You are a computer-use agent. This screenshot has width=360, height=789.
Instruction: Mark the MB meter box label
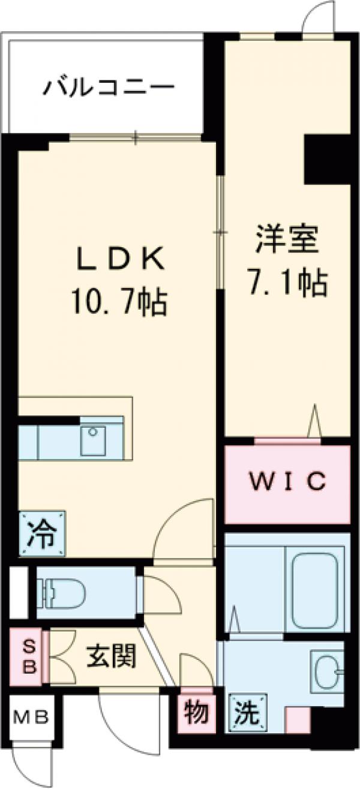pos(31,717)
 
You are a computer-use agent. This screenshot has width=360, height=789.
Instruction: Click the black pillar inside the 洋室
pos(327,159)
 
